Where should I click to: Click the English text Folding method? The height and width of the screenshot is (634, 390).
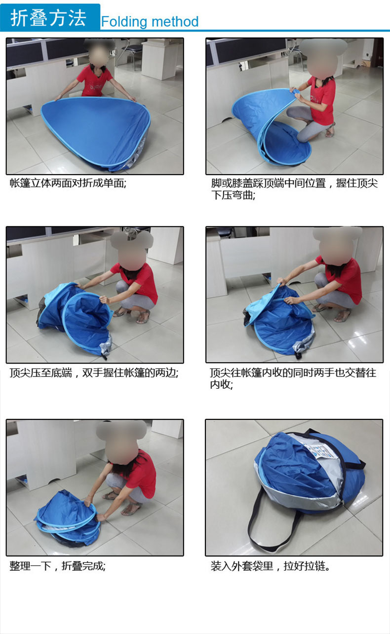(x=150, y=22)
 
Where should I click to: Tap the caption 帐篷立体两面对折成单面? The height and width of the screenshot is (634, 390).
(x=68, y=183)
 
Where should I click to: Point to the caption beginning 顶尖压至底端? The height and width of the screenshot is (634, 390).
(x=94, y=373)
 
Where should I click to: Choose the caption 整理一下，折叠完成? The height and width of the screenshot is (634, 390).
(x=57, y=566)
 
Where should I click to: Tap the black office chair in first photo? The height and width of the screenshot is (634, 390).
(x=132, y=52)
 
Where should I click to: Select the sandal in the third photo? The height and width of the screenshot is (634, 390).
(x=142, y=317)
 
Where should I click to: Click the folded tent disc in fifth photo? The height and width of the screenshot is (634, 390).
(x=69, y=518)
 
